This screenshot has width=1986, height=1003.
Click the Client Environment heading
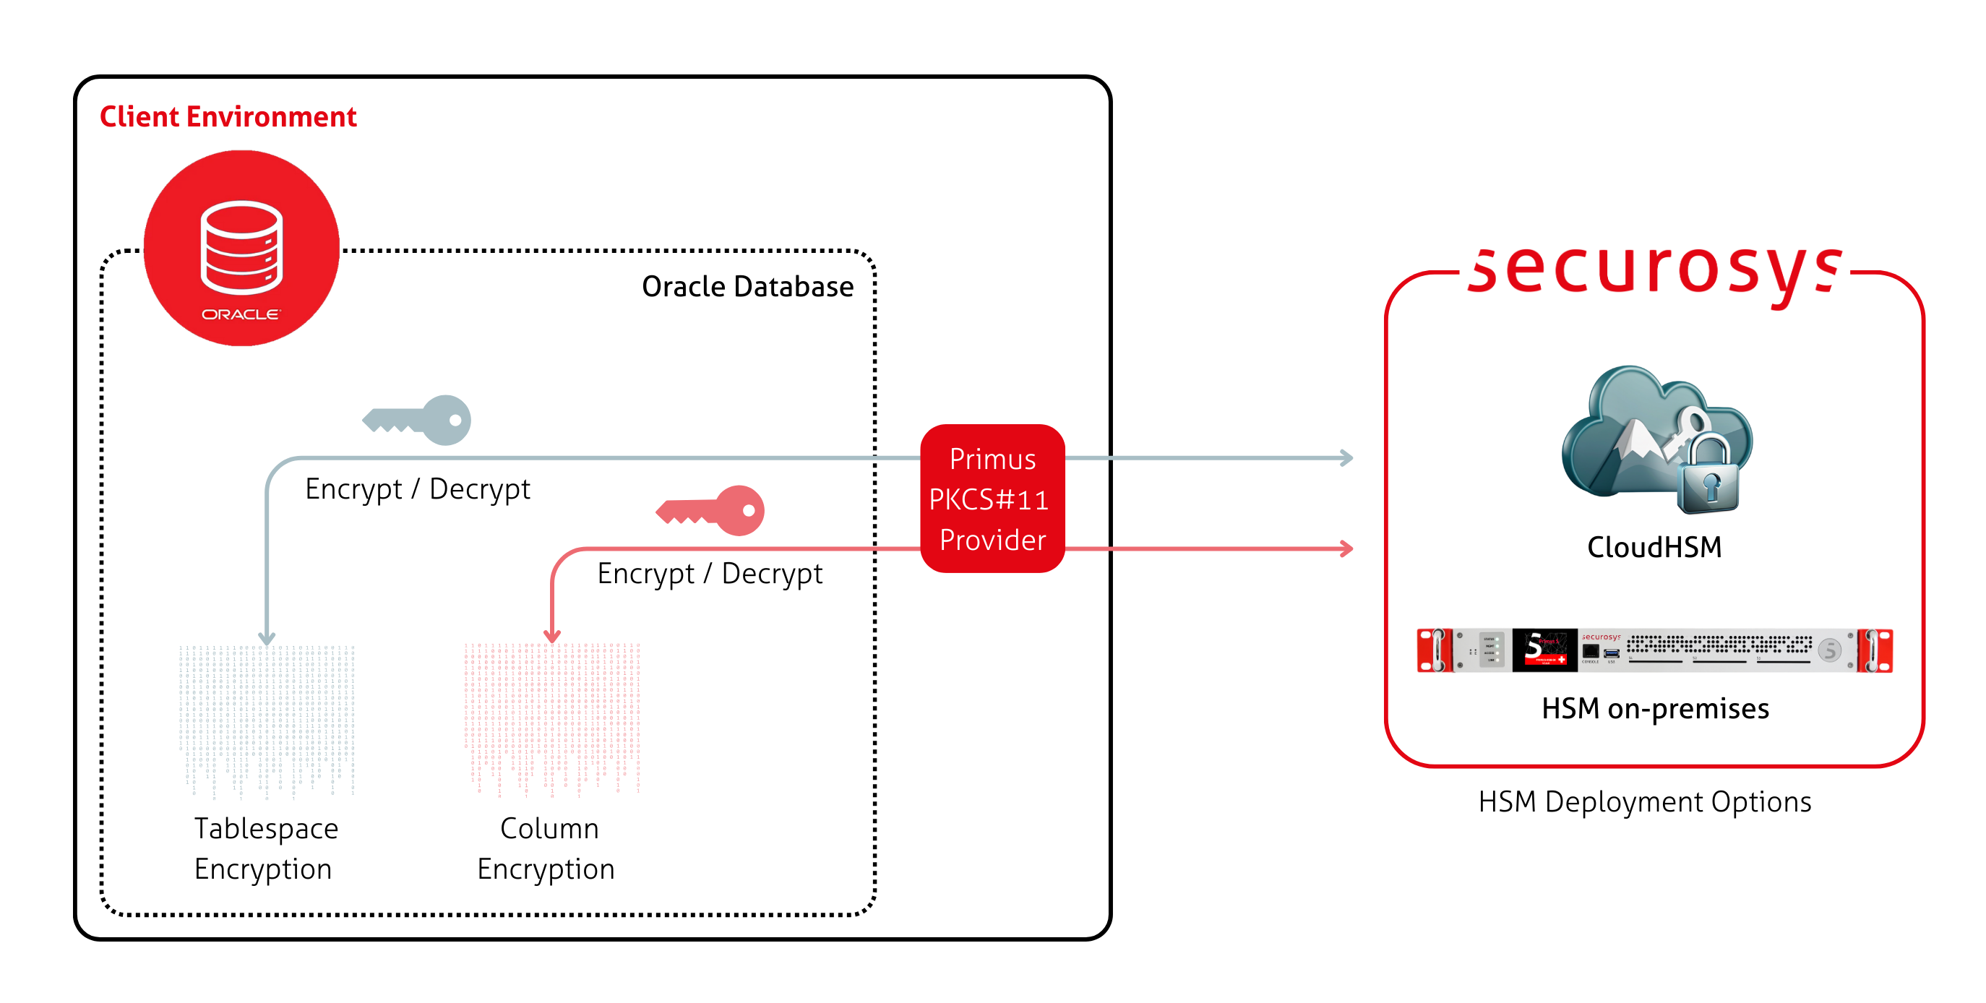tap(228, 116)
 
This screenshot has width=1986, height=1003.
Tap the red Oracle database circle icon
tap(241, 249)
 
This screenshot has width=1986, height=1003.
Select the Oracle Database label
tap(747, 287)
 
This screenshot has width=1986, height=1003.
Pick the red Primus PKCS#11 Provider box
tap(992, 499)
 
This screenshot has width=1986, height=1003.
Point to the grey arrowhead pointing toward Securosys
tap(1346, 458)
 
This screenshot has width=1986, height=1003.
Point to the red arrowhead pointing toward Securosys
tap(1346, 549)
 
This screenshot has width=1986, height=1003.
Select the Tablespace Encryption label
tap(265, 848)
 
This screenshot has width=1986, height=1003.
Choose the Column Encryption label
tap(546, 848)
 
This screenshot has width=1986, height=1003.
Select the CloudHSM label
tap(1654, 547)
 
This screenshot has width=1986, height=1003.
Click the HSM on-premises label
tap(1654, 708)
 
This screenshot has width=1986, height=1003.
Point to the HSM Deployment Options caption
tap(1644, 802)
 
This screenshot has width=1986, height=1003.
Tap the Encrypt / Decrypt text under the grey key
tap(417, 488)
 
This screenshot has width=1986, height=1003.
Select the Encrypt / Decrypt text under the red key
tap(709, 574)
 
